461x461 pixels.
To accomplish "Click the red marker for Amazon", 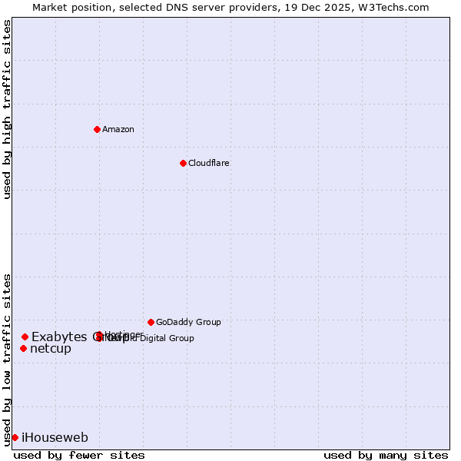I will pyautogui.click(x=97, y=129).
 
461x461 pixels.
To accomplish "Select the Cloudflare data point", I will pyautogui.click(x=183, y=163).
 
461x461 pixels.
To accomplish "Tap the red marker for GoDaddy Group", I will pyautogui.click(x=151, y=322).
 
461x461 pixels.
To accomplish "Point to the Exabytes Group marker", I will pyautogui.click(x=25, y=337).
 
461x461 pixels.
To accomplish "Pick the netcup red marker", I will pyautogui.click(x=23, y=349).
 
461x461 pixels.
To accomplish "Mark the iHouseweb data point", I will pyautogui.click(x=15, y=437).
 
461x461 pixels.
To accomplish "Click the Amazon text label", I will pyautogui.click(x=118, y=129).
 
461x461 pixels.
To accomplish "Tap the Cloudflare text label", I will pyautogui.click(x=208, y=163).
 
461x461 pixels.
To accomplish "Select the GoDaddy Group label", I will pyautogui.click(x=188, y=322).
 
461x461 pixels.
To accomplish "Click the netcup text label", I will pyautogui.click(x=51, y=349).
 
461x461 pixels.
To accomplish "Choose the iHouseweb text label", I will pyautogui.click(x=55, y=438).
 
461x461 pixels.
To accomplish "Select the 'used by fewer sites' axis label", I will pyautogui.click(x=79, y=455).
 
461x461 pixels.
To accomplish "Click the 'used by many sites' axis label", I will pyautogui.click(x=386, y=455).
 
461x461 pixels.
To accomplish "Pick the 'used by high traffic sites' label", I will pyautogui.click(x=8, y=109).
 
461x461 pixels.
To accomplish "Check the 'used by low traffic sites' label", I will pyautogui.click(x=8, y=360).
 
